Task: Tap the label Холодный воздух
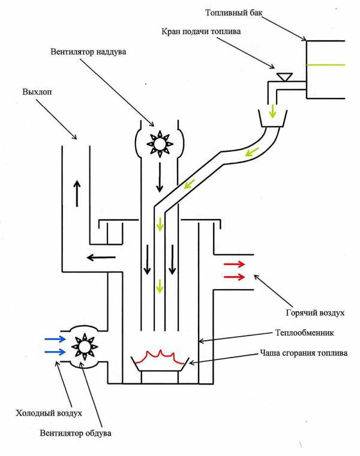click(47, 413)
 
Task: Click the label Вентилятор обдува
click(76, 433)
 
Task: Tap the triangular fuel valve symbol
click(284, 76)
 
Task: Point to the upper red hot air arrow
click(234, 264)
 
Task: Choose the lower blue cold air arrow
click(55, 353)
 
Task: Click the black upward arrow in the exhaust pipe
click(77, 193)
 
